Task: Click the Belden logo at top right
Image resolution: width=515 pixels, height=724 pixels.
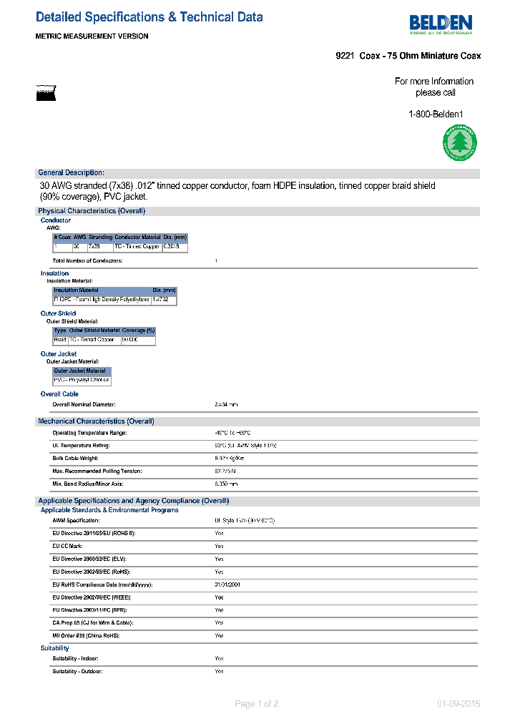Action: click(x=441, y=24)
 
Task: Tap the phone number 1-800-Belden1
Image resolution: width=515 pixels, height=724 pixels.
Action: click(x=436, y=114)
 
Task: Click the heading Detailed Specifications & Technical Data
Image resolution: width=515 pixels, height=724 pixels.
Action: click(x=149, y=17)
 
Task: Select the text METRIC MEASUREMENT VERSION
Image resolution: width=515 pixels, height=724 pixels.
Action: click(x=92, y=36)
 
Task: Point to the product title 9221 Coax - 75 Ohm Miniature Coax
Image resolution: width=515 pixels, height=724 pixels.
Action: click(x=408, y=56)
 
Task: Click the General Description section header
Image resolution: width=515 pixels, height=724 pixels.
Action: click(x=71, y=173)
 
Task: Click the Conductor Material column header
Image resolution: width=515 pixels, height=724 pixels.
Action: click(x=137, y=237)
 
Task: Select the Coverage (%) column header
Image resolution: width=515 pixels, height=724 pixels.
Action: click(x=138, y=331)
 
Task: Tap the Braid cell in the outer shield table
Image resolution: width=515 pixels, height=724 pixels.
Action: click(x=60, y=340)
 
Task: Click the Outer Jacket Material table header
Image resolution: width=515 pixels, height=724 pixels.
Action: click(x=79, y=371)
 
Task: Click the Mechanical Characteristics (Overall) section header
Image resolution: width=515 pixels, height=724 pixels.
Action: click(x=96, y=421)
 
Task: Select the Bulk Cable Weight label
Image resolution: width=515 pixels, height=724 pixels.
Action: click(x=75, y=458)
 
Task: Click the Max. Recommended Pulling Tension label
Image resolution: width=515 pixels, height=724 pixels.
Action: click(x=97, y=471)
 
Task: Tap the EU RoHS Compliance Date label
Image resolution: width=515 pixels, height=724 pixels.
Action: click(x=102, y=584)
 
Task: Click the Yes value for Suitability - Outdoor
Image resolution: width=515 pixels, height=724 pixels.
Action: click(x=219, y=672)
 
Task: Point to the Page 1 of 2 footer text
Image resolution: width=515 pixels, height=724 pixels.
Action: click(x=257, y=704)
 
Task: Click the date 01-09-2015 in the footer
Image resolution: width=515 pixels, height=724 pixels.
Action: click(x=458, y=704)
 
